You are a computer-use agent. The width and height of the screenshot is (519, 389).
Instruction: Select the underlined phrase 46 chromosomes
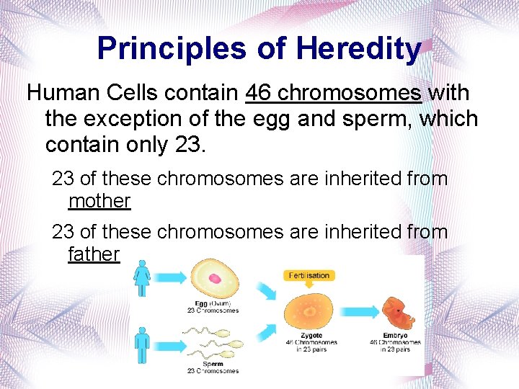[x=334, y=93]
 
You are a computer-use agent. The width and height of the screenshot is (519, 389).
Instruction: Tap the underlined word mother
[x=99, y=201]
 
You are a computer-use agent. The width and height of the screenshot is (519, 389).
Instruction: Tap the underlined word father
[x=94, y=254]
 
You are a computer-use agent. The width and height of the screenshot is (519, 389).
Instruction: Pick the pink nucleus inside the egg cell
[x=215, y=278]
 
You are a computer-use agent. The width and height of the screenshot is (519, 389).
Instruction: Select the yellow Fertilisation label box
[x=309, y=275]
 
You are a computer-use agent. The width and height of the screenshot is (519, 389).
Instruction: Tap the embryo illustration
[x=396, y=309]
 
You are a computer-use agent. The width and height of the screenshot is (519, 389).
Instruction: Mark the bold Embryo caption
[x=395, y=335]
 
